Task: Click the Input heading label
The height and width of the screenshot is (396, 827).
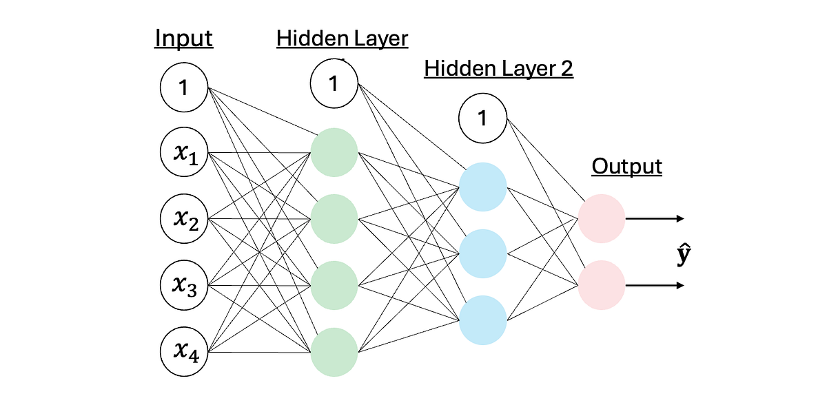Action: tap(183, 39)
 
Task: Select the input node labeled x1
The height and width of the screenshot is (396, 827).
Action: tap(183, 154)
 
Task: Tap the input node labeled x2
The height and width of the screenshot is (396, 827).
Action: tap(183, 219)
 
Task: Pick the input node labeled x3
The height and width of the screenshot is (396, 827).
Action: tap(183, 285)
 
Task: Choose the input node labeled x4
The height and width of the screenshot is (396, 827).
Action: tap(183, 352)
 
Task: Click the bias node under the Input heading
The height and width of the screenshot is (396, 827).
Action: tap(183, 88)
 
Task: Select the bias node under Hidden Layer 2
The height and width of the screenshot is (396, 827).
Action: tap(482, 118)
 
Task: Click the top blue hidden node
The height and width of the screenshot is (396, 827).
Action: tap(482, 187)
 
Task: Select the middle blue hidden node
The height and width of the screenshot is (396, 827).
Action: tap(482, 253)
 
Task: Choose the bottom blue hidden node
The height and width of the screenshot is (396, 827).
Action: tap(482, 319)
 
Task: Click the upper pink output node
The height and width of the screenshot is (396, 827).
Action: tap(601, 219)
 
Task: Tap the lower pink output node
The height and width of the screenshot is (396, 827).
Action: tap(601, 284)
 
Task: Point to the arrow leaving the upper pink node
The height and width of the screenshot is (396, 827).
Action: tap(655, 219)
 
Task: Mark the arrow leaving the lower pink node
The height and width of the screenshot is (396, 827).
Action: tap(655, 284)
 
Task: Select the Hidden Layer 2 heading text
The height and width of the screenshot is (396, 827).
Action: tap(499, 69)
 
